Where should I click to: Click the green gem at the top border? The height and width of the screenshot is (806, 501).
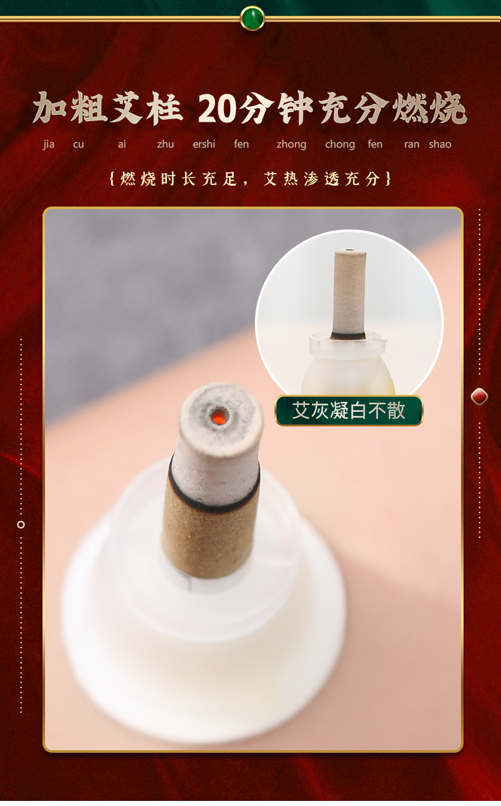tap(252, 18)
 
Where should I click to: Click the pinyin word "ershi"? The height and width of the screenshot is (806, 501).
tap(204, 144)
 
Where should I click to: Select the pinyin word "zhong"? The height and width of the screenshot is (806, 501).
tap(291, 144)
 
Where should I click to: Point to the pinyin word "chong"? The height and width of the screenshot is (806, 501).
tap(340, 144)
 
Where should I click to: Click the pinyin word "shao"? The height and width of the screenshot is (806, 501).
tap(439, 144)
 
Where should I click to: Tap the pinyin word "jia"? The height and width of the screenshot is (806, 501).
tap(49, 144)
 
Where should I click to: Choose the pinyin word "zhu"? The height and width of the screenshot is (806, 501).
tap(166, 144)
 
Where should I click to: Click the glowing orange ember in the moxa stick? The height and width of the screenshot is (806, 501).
tap(219, 418)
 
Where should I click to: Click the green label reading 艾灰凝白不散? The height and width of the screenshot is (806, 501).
tap(349, 410)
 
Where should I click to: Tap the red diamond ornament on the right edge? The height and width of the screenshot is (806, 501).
tap(479, 397)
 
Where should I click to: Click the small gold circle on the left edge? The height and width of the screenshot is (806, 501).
tap(21, 525)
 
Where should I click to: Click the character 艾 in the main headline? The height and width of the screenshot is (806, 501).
tap(126, 108)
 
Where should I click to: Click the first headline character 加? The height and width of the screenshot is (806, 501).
tap(51, 108)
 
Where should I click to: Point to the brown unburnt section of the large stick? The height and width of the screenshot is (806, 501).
tap(211, 540)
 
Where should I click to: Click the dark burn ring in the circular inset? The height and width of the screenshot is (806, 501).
tap(348, 336)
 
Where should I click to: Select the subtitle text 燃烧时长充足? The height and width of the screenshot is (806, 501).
tap(178, 179)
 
